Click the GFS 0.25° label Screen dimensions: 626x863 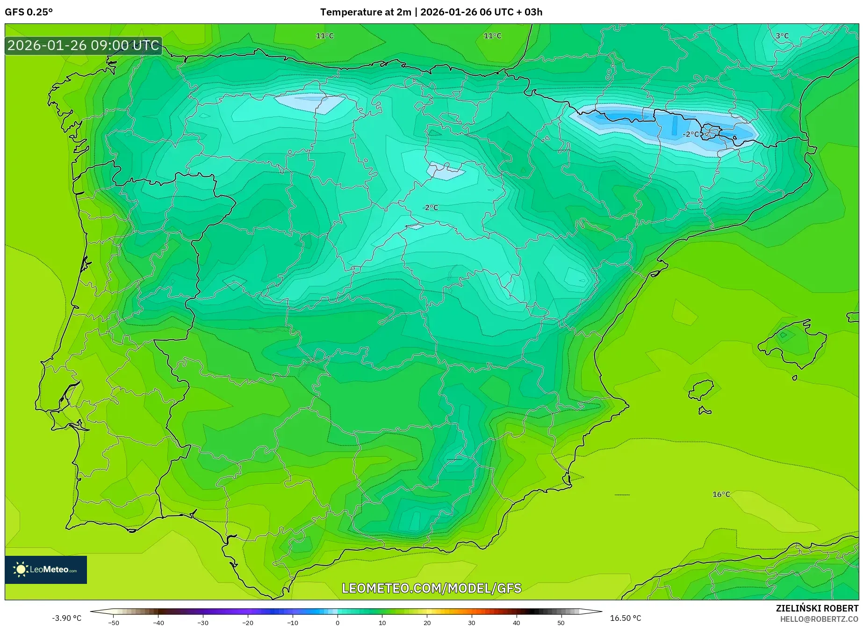click(29, 12)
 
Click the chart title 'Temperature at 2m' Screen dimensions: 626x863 click(365, 12)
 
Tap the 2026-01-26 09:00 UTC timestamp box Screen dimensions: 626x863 click(83, 46)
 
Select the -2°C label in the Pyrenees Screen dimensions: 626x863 click(690, 134)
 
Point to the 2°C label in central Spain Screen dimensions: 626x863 click(431, 208)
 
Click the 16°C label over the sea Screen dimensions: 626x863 click(721, 495)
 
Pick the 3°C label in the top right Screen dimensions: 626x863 click(782, 36)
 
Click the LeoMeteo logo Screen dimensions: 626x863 click(46, 569)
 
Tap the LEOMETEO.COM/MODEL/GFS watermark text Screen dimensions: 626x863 click(431, 588)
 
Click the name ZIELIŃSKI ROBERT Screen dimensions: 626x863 click(817, 609)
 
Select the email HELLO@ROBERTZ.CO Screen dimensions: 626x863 click(819, 619)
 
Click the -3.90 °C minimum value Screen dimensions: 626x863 click(66, 618)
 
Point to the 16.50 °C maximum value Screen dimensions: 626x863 click(626, 618)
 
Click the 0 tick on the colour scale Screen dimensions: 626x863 click(338, 623)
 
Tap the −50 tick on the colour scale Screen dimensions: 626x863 click(114, 623)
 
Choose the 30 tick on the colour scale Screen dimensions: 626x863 click(471, 623)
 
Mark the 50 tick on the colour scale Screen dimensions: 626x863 click(561, 623)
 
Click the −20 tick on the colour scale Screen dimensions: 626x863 click(248, 623)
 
